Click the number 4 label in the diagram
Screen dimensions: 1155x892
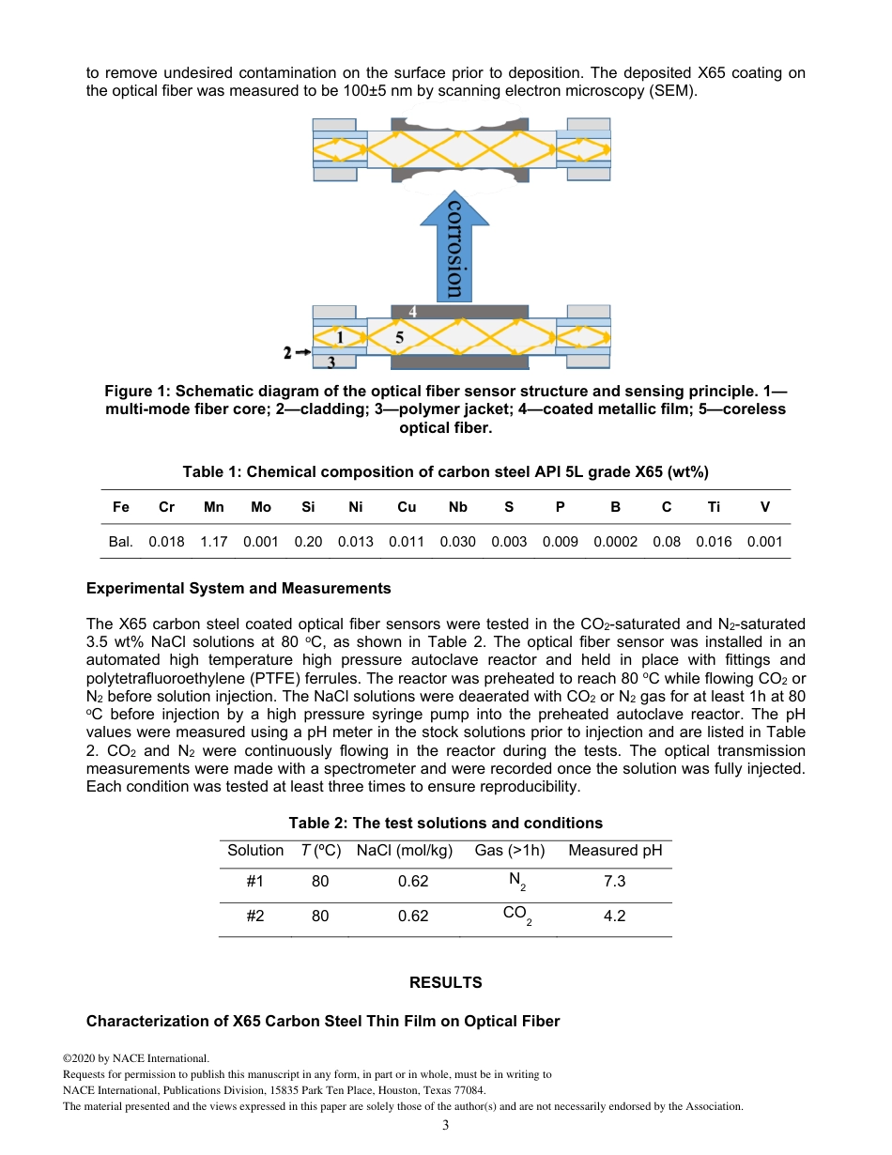click(413, 311)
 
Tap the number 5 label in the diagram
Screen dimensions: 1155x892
click(399, 336)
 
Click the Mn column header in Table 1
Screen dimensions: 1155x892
click(214, 507)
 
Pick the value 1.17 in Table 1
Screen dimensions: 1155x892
click(214, 542)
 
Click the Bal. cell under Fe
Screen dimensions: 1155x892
click(121, 542)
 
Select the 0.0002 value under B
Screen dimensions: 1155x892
click(615, 542)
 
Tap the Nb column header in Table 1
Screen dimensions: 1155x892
click(457, 507)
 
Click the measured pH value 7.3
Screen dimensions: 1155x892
click(614, 882)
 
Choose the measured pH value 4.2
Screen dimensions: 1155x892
click(614, 916)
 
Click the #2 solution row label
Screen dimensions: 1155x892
click(254, 916)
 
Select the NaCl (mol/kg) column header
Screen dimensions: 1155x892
click(404, 851)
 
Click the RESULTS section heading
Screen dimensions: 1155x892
click(445, 982)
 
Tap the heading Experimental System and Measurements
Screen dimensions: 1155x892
click(238, 589)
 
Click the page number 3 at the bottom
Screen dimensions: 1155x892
click(446, 1125)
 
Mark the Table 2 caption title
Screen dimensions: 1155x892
click(445, 823)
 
